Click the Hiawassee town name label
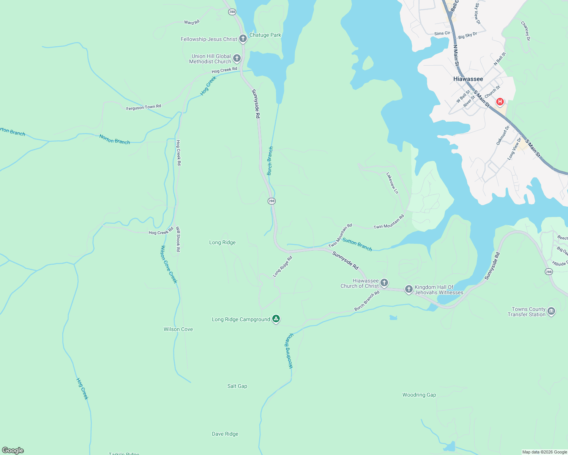468,79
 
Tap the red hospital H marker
500,102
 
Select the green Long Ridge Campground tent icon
276,319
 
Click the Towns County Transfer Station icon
551,312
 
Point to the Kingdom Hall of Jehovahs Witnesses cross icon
409,289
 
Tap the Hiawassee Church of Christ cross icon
384,283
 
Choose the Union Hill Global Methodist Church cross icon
237,58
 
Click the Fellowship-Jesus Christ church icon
243,39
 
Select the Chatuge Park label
265,35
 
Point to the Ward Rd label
191,22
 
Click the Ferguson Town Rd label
144,107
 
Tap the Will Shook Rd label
178,239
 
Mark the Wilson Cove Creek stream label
169,264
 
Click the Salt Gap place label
237,386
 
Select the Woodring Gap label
419,395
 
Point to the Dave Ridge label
225,434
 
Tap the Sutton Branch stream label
357,244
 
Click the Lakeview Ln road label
392,183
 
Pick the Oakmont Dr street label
502,135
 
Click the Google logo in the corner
13,450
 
